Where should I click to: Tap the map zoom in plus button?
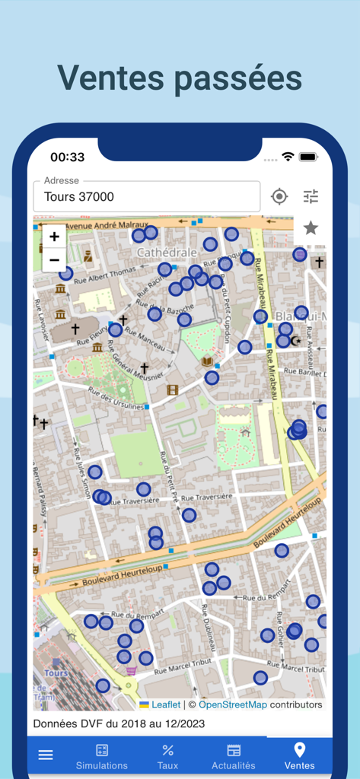tap(54, 237)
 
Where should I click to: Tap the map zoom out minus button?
tap(54, 259)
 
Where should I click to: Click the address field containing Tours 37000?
tap(147, 196)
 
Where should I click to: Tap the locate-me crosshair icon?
tap(279, 197)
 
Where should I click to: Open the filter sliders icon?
tap(311, 197)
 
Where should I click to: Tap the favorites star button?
tap(311, 227)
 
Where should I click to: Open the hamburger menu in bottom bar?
tap(46, 755)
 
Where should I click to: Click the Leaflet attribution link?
tap(165, 704)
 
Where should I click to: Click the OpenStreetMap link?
tap(233, 704)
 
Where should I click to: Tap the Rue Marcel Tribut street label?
tap(183, 671)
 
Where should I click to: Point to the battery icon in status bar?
tap(308, 157)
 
